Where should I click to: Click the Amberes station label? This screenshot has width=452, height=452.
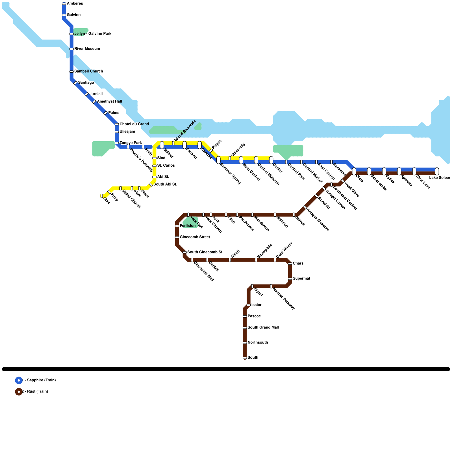(75, 4)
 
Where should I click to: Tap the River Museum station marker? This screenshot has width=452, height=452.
(71, 49)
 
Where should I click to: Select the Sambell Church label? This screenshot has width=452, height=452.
(88, 71)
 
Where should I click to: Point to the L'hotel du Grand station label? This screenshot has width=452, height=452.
(134, 124)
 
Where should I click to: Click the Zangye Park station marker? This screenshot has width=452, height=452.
(117, 143)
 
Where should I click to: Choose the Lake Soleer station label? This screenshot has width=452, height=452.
(440, 178)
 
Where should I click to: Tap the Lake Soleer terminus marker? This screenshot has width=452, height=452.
(437, 171)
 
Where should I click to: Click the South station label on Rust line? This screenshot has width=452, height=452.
(253, 358)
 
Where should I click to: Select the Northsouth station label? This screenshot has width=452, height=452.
(258, 343)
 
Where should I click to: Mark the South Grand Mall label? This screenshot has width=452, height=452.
(263, 328)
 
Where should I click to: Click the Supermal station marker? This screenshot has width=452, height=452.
(290, 279)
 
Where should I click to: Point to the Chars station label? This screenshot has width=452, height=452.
(298, 264)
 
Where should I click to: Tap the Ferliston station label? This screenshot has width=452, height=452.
(188, 226)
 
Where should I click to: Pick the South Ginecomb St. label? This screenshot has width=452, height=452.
(205, 252)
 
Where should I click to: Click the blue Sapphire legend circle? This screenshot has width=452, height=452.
(19, 380)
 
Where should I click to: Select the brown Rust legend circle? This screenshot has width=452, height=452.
(19, 392)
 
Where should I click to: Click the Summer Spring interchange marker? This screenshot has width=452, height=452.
(218, 160)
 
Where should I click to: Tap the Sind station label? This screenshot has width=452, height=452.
(161, 158)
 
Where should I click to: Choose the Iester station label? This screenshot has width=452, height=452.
(256, 305)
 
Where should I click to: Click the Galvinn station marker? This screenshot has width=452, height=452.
(64, 15)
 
